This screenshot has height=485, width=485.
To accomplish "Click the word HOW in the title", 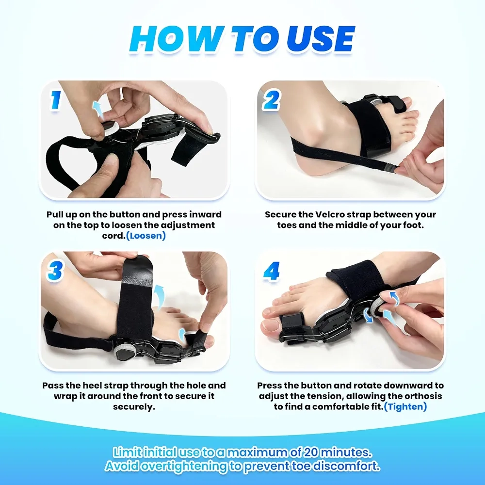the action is click(x=177, y=38).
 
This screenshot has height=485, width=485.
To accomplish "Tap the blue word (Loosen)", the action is click(x=145, y=236).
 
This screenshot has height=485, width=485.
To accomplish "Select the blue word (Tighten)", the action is click(x=405, y=406).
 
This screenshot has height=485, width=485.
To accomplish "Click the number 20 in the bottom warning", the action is click(x=312, y=452).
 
